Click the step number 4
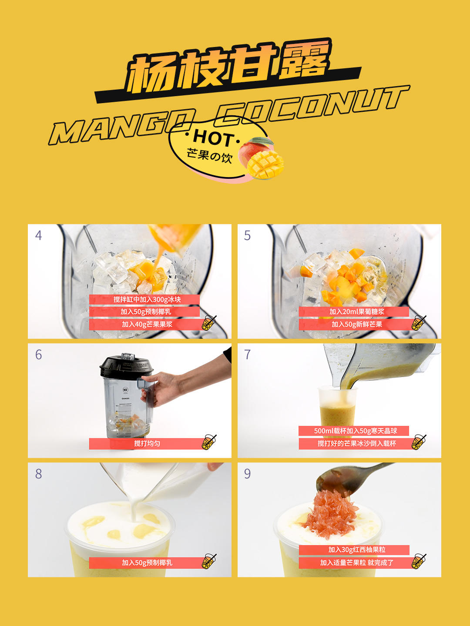(x=38, y=236)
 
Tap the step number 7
(x=247, y=355)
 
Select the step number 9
(x=247, y=474)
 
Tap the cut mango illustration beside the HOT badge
(x=261, y=158)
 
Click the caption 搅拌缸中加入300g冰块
(x=147, y=299)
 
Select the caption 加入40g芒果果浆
(x=147, y=324)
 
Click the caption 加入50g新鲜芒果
(x=357, y=324)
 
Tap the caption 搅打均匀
(x=147, y=443)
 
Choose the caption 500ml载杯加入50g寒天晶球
(x=356, y=431)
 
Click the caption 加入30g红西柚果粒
(x=357, y=549)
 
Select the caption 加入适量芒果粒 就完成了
(x=357, y=562)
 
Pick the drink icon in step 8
(x=209, y=561)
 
